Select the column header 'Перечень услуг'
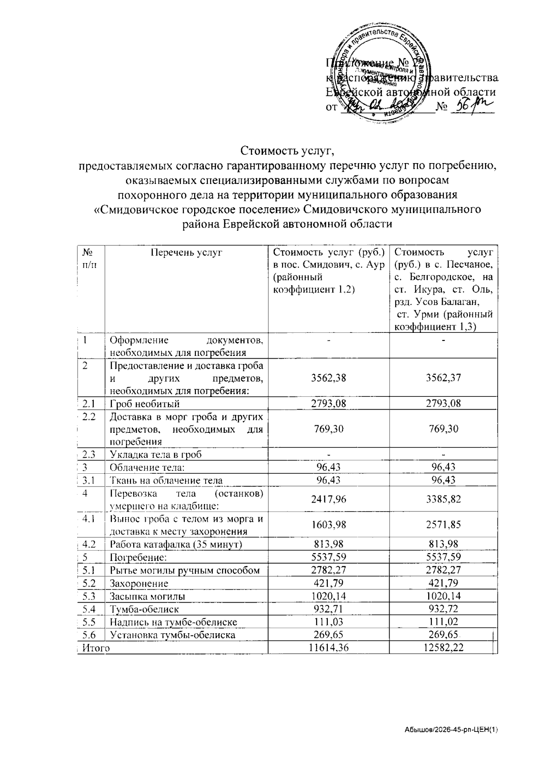[x=186, y=252]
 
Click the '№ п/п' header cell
[x=90, y=258]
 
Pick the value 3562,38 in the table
[x=328, y=378]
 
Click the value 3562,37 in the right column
[x=443, y=378]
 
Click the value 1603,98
[x=328, y=524]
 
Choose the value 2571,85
[x=443, y=524]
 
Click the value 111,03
[x=328, y=622]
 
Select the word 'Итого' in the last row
[x=96, y=648]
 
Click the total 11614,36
[x=328, y=648]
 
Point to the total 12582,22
[x=443, y=648]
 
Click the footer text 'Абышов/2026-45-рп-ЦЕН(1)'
[x=451, y=730]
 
